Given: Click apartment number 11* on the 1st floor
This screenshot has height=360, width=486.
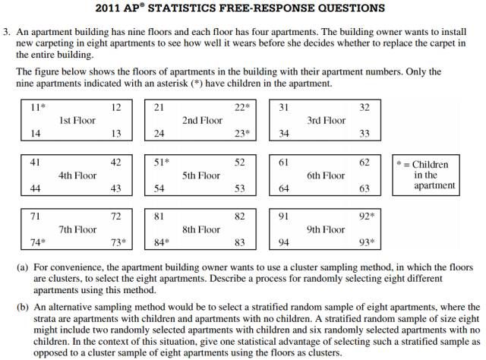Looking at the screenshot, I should tap(36, 108).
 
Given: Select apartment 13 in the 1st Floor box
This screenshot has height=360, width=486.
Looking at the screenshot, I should tap(116, 134).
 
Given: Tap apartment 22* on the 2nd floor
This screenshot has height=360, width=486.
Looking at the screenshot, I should tap(241, 108).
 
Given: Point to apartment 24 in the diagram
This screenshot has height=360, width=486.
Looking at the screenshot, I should tap(159, 134).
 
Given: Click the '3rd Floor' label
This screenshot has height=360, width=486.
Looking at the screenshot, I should tap(326, 121).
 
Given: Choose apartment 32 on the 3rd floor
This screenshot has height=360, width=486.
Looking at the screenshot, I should tap(364, 108).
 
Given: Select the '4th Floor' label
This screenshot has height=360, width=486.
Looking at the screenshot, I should tap(77, 175).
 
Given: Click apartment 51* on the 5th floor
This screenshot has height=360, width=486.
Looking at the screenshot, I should tap(161, 163).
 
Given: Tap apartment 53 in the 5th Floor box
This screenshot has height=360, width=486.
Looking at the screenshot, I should tap(240, 188).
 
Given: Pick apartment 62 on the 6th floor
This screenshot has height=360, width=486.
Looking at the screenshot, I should tap(364, 163).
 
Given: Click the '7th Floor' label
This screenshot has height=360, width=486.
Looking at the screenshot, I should tap(77, 229).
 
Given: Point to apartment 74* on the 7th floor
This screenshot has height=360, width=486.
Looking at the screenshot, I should tap(36, 243).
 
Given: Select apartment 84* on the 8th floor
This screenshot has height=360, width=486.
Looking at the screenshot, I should tap(161, 243).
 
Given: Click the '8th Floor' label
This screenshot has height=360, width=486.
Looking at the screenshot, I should tap(201, 229).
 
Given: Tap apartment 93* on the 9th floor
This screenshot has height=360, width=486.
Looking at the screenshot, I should tap(367, 243).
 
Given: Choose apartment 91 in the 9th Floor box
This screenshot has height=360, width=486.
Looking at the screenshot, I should tap(283, 216).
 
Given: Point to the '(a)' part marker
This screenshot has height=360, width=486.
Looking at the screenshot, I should tap(24, 267).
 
